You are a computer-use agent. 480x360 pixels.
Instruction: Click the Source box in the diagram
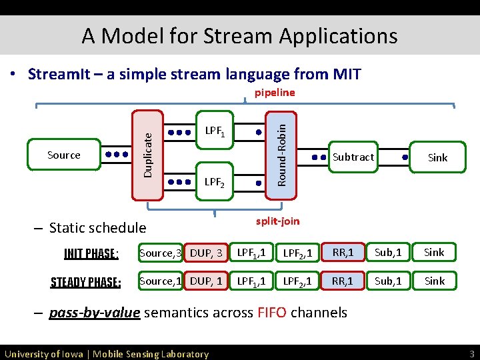pos(63,155)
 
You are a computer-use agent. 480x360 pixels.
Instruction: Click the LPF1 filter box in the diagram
pos(214,131)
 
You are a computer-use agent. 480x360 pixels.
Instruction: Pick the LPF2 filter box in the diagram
pos(214,181)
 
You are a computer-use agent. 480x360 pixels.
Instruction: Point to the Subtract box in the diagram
pos(353,157)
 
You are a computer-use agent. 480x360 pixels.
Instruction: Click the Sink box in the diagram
pos(437,157)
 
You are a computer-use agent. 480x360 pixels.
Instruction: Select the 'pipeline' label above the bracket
pos(275,93)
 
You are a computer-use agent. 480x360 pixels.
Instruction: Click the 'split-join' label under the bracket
pos(278,221)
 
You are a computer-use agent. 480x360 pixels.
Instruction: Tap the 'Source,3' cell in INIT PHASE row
pos(160,253)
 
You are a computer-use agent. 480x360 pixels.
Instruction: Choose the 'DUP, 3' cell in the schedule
pos(206,253)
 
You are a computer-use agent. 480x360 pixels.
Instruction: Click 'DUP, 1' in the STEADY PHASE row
pos(206,281)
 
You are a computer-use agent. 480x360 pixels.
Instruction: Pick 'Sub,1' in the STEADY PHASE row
pos(388,281)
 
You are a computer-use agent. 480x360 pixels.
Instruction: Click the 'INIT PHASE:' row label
pos(91,253)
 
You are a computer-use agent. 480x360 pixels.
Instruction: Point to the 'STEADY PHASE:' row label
pos(85,282)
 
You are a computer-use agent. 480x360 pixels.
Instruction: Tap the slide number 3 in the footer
pos(471,353)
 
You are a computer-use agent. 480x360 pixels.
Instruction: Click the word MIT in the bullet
pos(345,73)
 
